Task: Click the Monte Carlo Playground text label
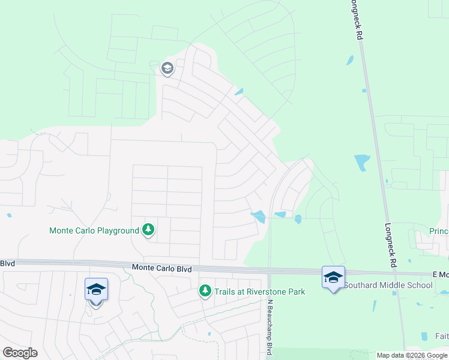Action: (94, 230)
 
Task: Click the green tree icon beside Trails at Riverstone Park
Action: (205, 291)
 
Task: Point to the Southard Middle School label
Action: (388, 285)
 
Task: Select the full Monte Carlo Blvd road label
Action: (161, 269)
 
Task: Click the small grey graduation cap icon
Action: (167, 69)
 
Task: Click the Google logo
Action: (20, 353)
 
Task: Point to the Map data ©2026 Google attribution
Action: (412, 355)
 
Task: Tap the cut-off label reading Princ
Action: (439, 231)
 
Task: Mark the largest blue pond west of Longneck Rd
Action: (362, 162)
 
